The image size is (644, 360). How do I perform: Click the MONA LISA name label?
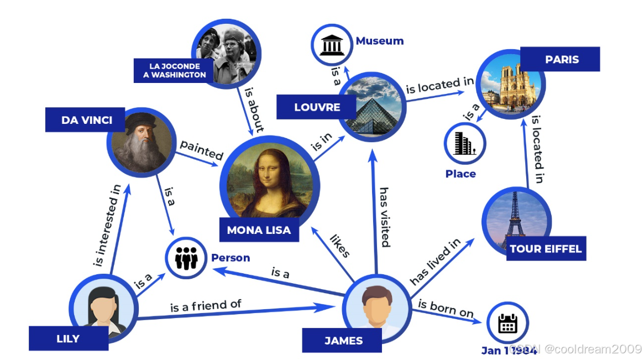(x=259, y=230)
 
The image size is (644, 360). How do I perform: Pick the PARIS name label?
(x=562, y=59)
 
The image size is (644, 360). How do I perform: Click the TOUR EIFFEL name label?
(x=546, y=248)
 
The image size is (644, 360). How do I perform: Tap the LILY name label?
(x=68, y=338)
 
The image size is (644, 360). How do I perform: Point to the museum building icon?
(x=331, y=44)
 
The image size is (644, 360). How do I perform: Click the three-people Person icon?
(x=186, y=258)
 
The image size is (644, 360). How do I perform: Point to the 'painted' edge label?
(x=201, y=150)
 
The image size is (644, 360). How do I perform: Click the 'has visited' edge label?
(x=384, y=217)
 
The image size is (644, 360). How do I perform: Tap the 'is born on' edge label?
(x=446, y=309)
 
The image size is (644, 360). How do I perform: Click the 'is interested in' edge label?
(x=107, y=226)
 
